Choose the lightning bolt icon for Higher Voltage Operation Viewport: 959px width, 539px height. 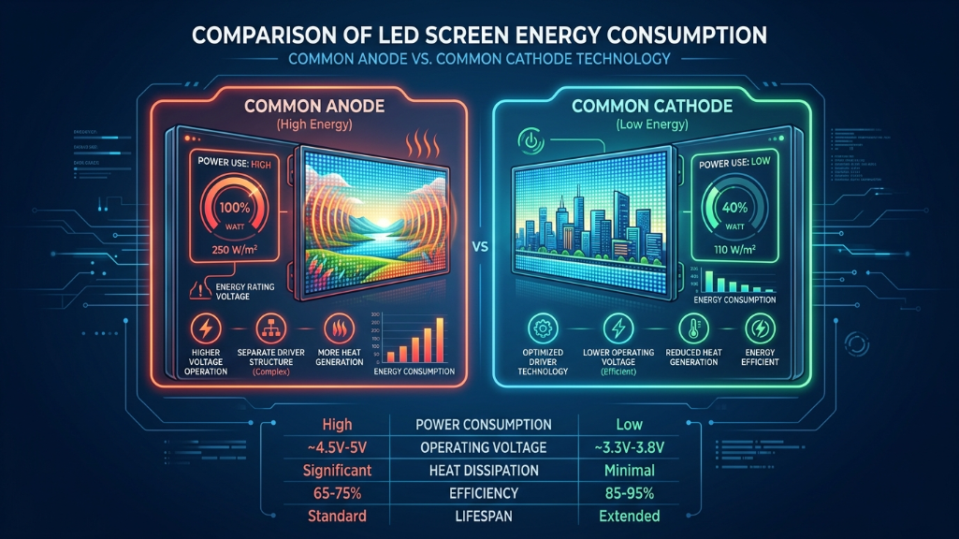(x=205, y=331)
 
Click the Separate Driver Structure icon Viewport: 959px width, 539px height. (x=270, y=331)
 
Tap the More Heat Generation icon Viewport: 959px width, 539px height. (x=339, y=331)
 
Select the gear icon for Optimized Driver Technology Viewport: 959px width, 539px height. (x=541, y=329)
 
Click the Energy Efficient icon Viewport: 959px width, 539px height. (x=757, y=329)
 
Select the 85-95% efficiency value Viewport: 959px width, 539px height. (x=629, y=493)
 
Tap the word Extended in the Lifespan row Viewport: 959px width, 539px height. (x=629, y=517)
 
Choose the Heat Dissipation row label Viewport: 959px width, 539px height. (x=480, y=471)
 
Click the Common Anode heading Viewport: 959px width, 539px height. (x=314, y=106)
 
